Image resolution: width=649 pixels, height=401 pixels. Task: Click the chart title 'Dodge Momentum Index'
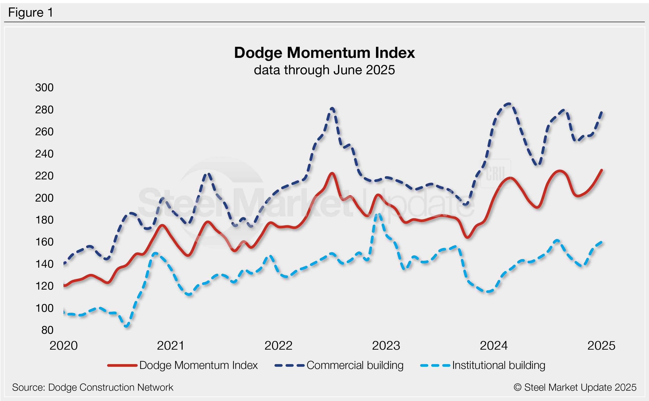[324, 53]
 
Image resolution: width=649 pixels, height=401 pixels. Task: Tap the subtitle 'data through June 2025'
[324, 70]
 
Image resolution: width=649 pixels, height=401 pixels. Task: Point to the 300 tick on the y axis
[44, 88]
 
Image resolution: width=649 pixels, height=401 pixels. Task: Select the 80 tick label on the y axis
[47, 330]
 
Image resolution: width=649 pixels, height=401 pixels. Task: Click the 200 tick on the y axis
[44, 198]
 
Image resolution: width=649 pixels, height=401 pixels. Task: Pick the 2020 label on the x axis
[63, 346]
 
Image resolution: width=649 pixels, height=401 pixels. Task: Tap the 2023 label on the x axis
[386, 346]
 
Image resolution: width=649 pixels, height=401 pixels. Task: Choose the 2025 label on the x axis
[601, 346]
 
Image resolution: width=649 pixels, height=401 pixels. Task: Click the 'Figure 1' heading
[30, 13]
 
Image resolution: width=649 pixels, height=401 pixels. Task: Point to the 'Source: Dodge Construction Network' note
[93, 387]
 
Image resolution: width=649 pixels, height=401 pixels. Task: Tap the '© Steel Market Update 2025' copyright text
[575, 387]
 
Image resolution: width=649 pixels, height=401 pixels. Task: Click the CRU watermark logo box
[495, 174]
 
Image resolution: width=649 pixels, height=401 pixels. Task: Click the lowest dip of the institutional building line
[127, 326]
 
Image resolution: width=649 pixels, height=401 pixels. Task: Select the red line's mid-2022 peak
[332, 173]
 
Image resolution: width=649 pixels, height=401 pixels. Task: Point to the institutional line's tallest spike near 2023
[378, 214]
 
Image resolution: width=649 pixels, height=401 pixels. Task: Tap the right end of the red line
[601, 170]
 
